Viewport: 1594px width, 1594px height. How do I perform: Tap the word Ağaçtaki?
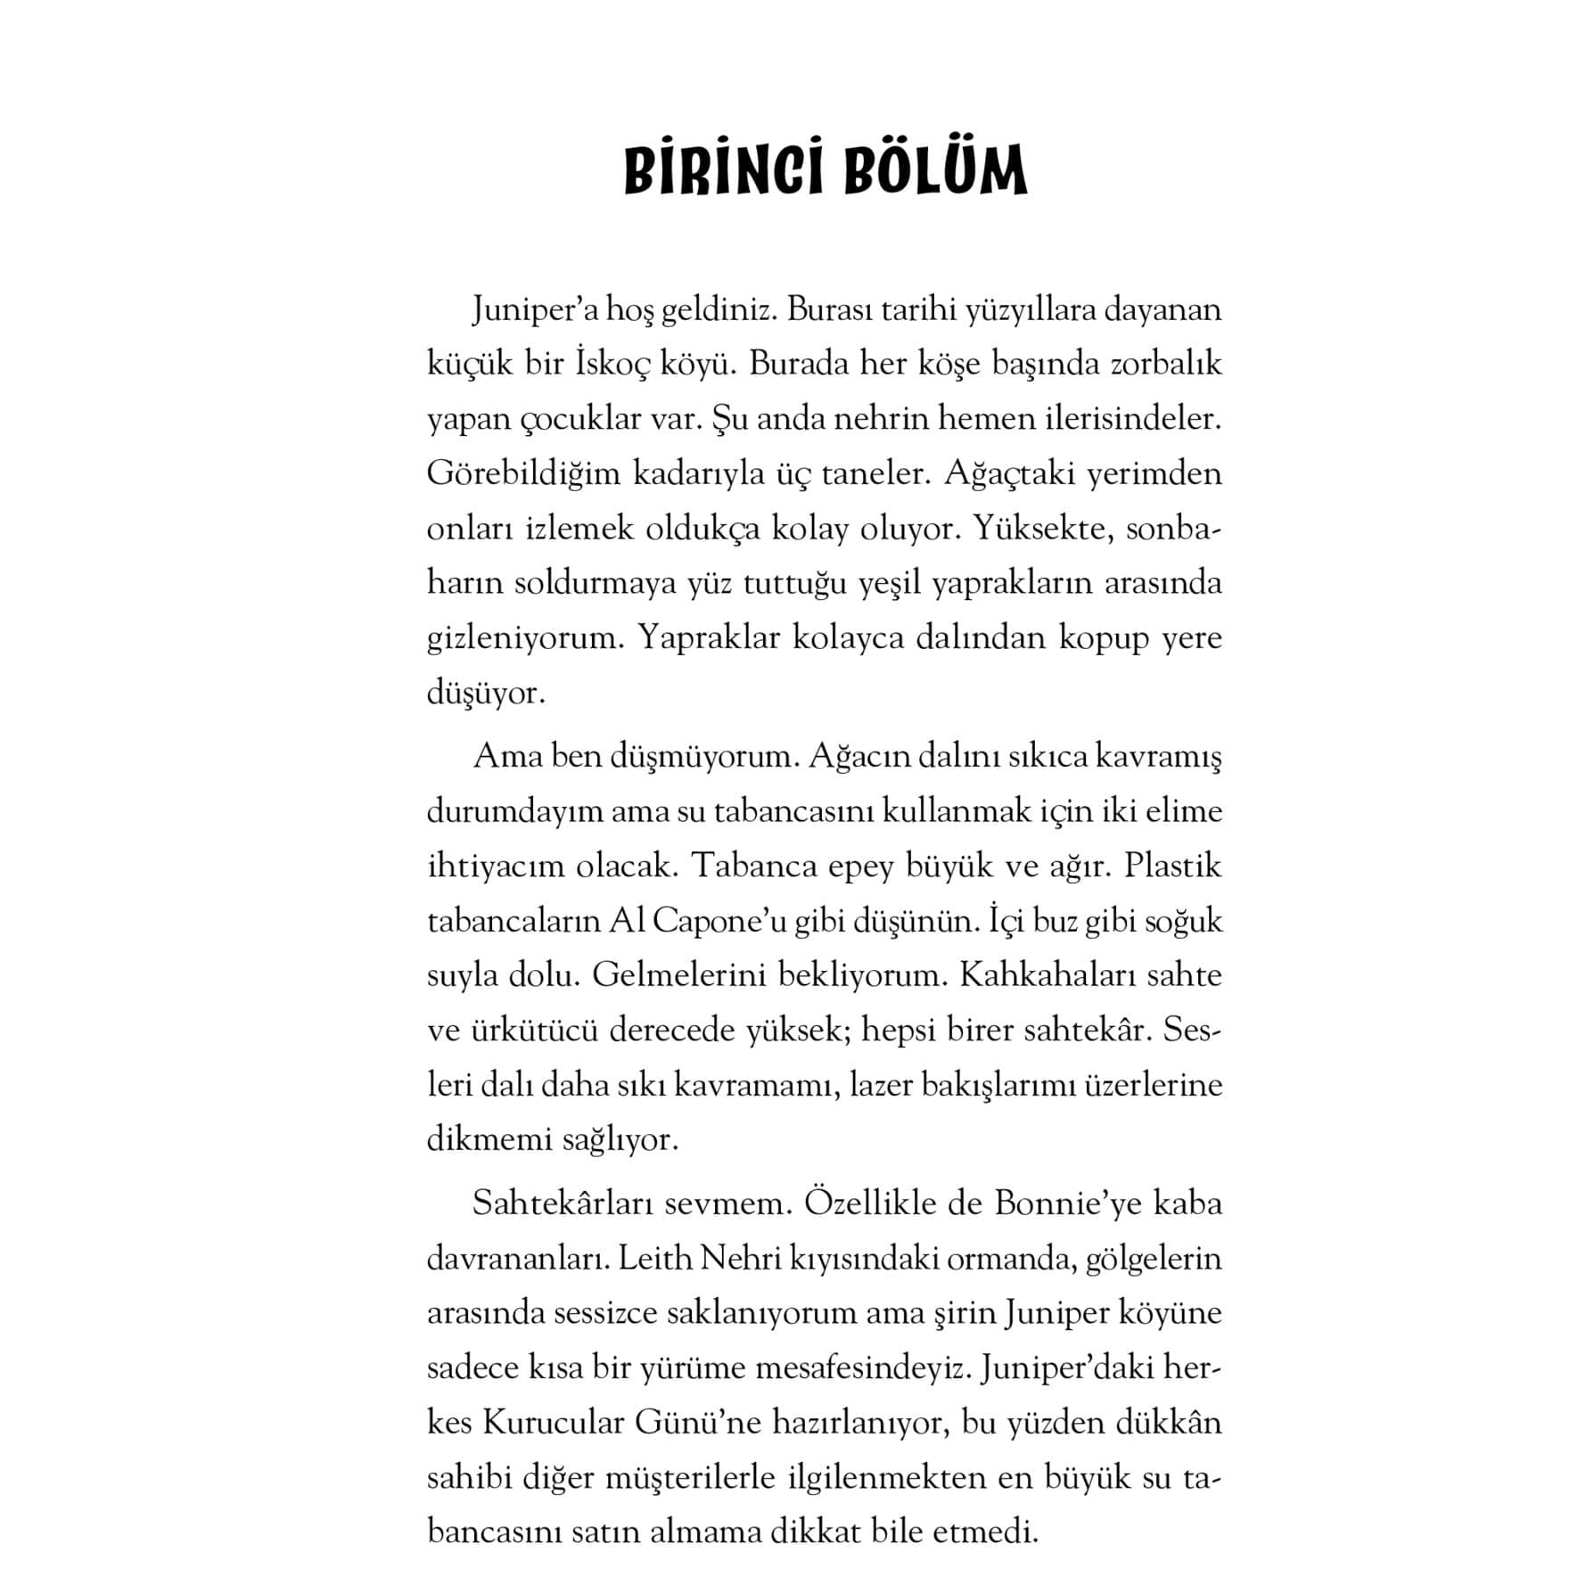1009,474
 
